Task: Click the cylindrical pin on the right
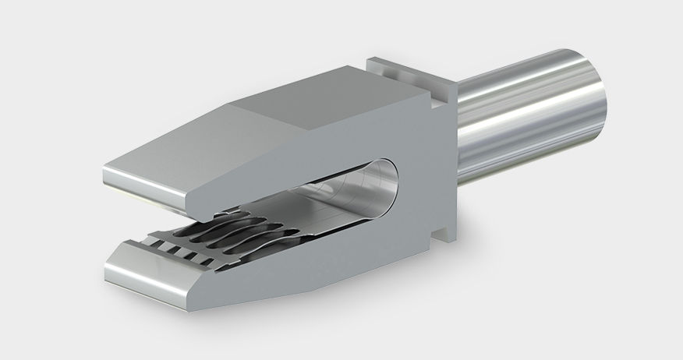tap(530, 117)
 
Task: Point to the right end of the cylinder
tap(596, 97)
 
